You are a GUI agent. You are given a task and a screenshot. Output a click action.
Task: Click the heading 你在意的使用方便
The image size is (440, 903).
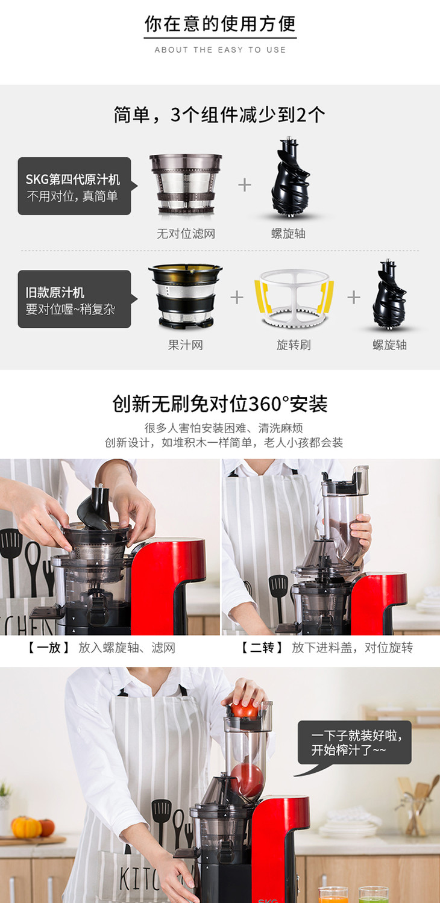click(220, 23)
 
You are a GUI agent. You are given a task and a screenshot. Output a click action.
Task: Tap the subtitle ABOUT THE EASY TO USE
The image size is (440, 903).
click(220, 49)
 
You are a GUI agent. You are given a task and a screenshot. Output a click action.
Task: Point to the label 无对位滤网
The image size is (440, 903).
click(186, 233)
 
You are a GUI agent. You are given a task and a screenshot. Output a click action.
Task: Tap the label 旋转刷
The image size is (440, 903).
click(294, 345)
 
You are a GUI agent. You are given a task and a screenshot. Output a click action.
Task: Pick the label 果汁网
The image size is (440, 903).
click(186, 345)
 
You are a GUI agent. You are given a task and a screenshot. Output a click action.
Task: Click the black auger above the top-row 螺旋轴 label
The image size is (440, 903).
click(290, 177)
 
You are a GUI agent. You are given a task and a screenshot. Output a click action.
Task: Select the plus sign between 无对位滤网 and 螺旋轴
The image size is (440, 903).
click(245, 185)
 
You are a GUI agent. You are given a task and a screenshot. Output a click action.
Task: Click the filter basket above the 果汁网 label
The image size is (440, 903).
click(186, 296)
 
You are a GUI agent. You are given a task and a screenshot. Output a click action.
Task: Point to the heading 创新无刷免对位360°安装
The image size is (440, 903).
click(220, 404)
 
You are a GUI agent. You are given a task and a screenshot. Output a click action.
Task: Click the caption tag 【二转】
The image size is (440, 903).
click(262, 648)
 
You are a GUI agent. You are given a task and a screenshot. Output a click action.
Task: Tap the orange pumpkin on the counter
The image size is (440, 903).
click(27, 827)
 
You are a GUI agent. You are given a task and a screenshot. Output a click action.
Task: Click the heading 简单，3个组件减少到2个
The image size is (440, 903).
click(219, 115)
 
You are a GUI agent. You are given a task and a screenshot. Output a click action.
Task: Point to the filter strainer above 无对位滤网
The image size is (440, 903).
click(186, 183)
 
